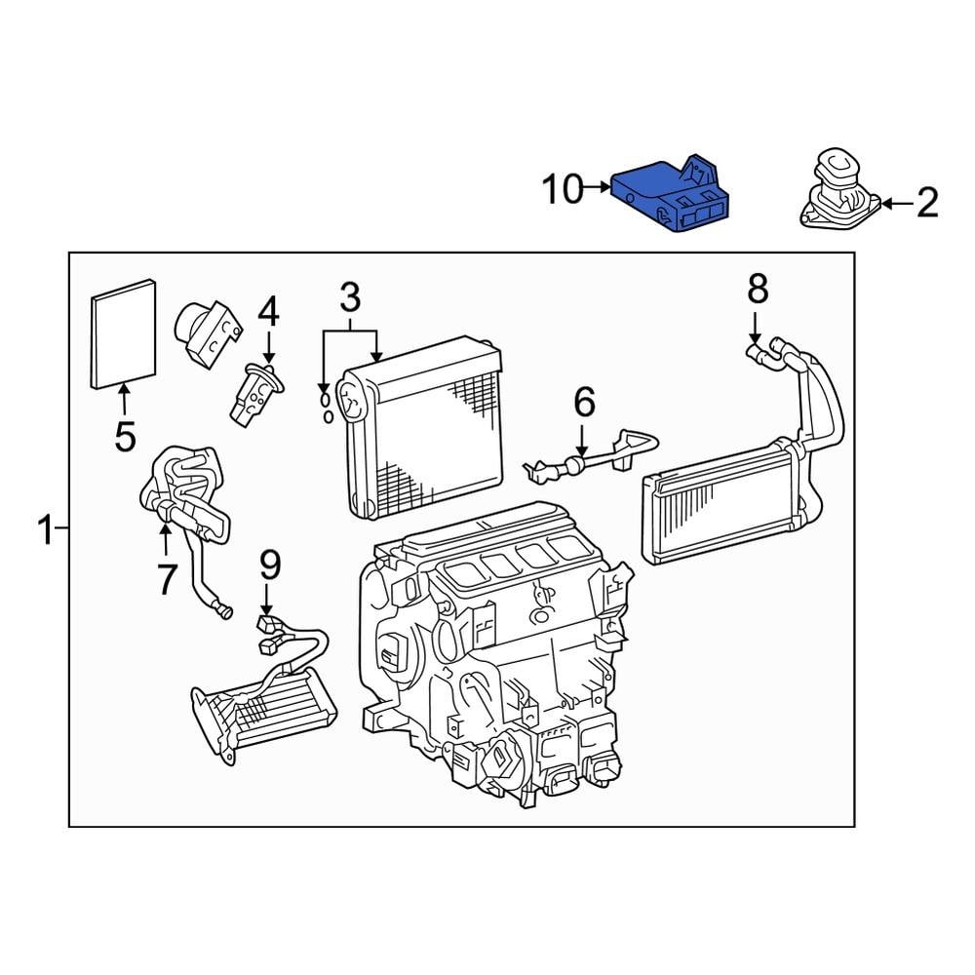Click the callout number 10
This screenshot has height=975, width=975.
coord(562,189)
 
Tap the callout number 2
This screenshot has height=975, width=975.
coord(926,203)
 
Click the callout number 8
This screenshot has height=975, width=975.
coord(758,288)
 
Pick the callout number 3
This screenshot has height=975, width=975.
coord(350,295)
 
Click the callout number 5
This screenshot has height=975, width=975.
coord(125,436)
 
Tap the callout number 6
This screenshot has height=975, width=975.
coord(583,401)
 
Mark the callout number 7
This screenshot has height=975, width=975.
coord(166,579)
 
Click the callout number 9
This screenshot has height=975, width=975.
coord(270,565)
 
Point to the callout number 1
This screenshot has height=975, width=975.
coord(45,532)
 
